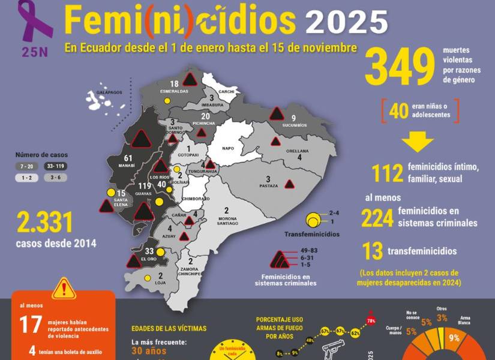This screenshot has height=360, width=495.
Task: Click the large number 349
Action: [400, 67]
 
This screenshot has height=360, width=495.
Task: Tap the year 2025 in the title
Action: [347, 22]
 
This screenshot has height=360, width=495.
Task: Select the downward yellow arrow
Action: [417, 142]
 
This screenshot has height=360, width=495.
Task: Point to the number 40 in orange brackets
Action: [398, 110]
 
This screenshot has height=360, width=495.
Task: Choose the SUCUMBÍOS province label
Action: [295, 125]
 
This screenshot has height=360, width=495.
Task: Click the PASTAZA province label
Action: [269, 186]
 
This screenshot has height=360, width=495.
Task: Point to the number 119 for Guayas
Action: [145, 187]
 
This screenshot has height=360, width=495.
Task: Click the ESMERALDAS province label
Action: [175, 91]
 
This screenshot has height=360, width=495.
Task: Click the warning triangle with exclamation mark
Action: [64, 289]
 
